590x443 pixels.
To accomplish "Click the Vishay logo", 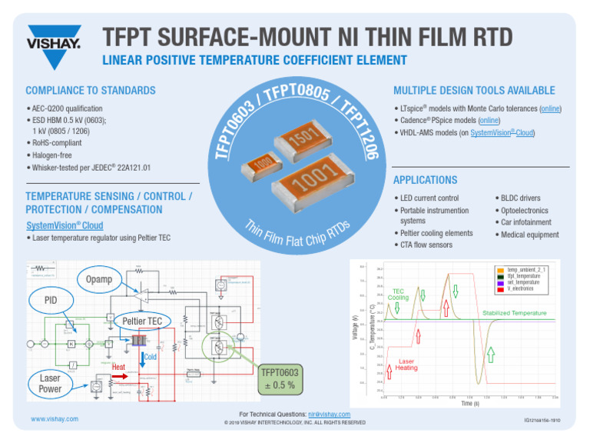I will [x=54, y=38].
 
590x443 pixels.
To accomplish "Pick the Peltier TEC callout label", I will [x=139, y=320].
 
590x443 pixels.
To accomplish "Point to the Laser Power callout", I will [x=50, y=383].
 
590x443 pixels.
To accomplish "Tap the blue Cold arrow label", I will [x=151, y=357].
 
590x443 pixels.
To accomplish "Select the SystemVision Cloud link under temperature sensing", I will [x=65, y=225].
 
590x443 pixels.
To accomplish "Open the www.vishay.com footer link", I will [x=54, y=419].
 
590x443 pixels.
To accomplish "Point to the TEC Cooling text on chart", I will [x=398, y=294].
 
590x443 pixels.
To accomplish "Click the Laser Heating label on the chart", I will [x=406, y=365].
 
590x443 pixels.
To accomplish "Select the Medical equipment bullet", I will [x=530, y=235].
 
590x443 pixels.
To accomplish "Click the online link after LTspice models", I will [x=549, y=109].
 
